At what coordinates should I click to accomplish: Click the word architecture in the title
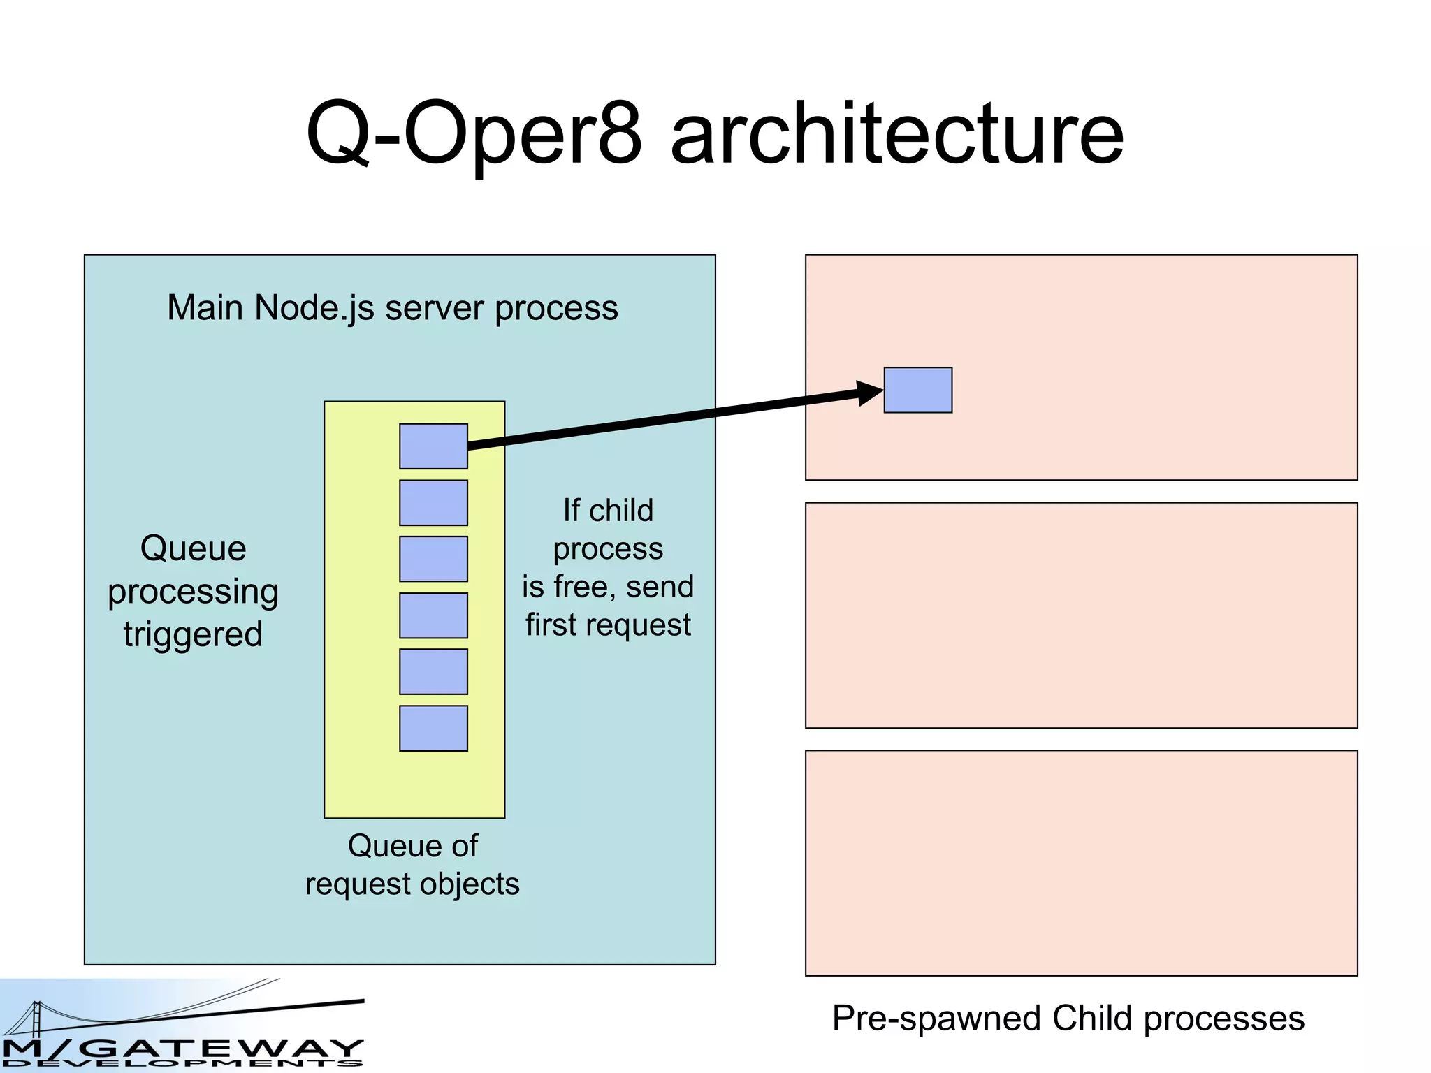pyautogui.click(x=897, y=134)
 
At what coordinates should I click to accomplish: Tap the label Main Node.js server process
pyautogui.click(x=393, y=308)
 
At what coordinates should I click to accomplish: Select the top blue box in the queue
pyautogui.click(x=433, y=446)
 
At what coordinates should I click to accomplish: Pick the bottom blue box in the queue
pyautogui.click(x=433, y=729)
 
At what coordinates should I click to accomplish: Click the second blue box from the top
pyautogui.click(x=433, y=503)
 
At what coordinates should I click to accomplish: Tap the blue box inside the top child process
pyautogui.click(x=917, y=390)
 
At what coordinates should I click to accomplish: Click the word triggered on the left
pyautogui.click(x=193, y=634)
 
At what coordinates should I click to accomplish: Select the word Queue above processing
pyautogui.click(x=194, y=548)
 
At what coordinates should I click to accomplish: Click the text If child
pyautogui.click(x=608, y=511)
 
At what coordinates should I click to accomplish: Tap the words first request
pyautogui.click(x=608, y=625)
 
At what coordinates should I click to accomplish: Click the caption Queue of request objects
pyautogui.click(x=412, y=865)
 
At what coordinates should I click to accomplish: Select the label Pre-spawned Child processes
pyautogui.click(x=1068, y=1019)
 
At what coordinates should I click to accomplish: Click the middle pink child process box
pyautogui.click(x=1081, y=615)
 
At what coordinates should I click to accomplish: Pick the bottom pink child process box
pyautogui.click(x=1081, y=863)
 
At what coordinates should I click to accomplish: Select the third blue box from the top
pyautogui.click(x=433, y=559)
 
